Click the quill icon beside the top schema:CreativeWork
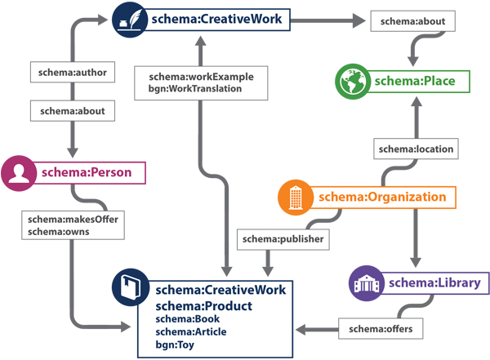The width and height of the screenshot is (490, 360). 128,18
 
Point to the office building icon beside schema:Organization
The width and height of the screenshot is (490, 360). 297,197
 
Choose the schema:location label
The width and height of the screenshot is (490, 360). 415,149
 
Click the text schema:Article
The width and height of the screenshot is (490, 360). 191,331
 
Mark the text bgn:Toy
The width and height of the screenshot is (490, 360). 173,344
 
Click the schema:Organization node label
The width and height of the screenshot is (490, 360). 382,197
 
